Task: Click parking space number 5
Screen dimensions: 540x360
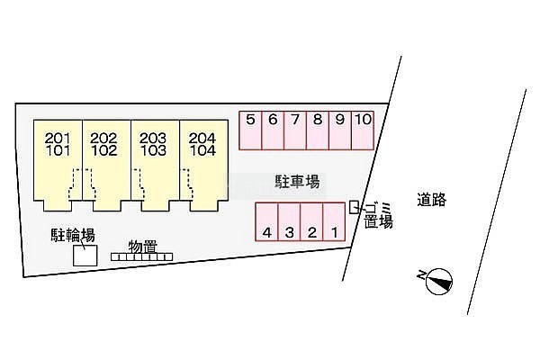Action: click(x=250, y=130)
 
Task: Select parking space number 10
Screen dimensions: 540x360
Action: click(x=363, y=130)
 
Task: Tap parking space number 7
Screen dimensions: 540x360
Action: click(x=295, y=130)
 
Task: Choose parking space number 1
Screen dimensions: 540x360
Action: click(x=334, y=221)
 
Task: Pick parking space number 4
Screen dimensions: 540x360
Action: click(x=266, y=221)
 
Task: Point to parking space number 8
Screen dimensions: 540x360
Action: click(x=318, y=130)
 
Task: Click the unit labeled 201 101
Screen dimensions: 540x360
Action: click(x=58, y=166)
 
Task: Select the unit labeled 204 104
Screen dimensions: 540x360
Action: click(x=204, y=166)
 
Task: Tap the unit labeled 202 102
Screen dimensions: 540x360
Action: click(x=106, y=166)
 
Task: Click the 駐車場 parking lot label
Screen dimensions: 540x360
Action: click(x=297, y=182)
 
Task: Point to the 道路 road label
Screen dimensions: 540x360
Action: click(x=431, y=200)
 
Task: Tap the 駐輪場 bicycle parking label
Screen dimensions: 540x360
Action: click(x=73, y=235)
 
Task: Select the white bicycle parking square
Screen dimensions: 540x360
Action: click(x=85, y=256)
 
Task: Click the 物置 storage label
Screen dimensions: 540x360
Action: click(x=142, y=247)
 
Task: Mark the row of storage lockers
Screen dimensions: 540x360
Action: click(x=141, y=257)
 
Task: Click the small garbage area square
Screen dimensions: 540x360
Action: click(x=354, y=207)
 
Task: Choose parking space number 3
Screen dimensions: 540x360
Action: click(x=289, y=221)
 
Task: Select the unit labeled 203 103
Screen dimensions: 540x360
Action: click(x=156, y=166)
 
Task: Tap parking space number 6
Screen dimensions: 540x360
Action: click(x=273, y=130)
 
